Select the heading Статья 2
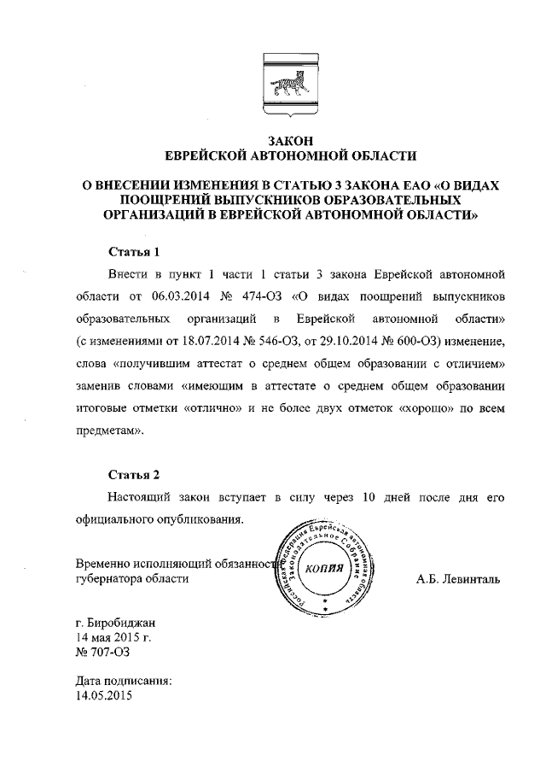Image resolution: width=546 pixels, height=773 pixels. tap(135, 474)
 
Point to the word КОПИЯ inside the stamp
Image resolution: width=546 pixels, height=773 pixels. tap(323, 570)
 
